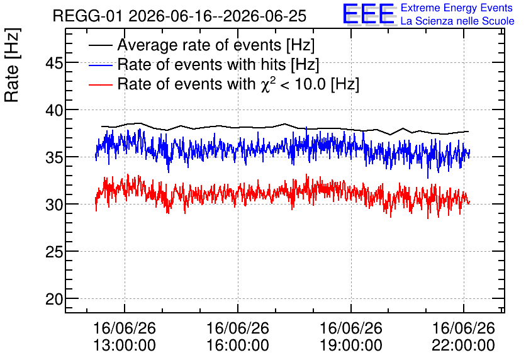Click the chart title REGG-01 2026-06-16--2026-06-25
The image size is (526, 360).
(x=179, y=16)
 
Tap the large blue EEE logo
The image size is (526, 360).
(x=368, y=14)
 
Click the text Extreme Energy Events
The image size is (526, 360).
(x=457, y=8)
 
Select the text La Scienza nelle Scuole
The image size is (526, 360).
(x=457, y=21)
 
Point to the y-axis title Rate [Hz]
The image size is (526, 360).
(x=12, y=65)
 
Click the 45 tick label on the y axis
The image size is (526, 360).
(x=54, y=63)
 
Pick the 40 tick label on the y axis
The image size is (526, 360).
(x=54, y=110)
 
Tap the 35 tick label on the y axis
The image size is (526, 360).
(x=54, y=157)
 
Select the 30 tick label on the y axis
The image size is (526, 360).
(x=54, y=205)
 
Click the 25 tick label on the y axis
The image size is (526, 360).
(x=54, y=252)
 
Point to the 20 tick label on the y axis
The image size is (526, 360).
(x=54, y=299)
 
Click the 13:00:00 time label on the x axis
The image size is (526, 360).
(x=125, y=346)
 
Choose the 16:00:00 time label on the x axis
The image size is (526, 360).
(x=237, y=346)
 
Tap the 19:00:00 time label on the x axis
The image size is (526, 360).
(x=351, y=346)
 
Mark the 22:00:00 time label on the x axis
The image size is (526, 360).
(x=463, y=346)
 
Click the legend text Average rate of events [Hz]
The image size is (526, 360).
(x=216, y=45)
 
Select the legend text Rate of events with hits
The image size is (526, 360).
(x=201, y=64)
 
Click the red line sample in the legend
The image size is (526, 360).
(x=100, y=85)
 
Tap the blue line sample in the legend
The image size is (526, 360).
(x=100, y=65)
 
